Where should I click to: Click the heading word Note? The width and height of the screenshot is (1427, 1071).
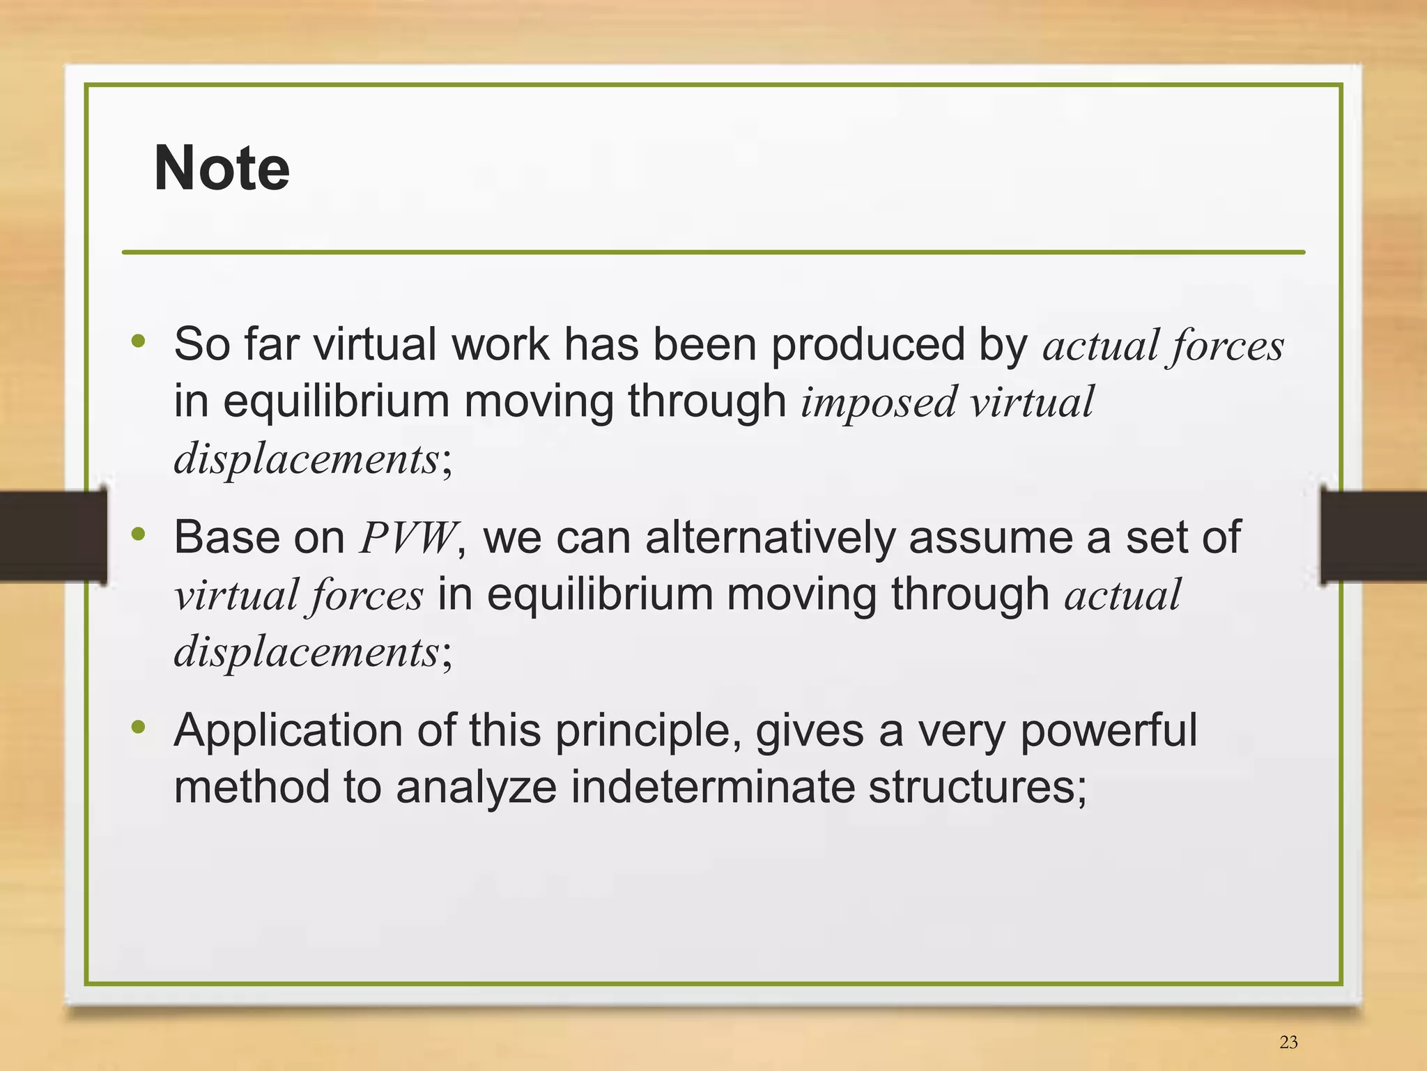click(222, 169)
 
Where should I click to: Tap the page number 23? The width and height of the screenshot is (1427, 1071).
click(1288, 1042)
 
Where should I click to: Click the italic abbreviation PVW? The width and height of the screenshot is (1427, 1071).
click(408, 538)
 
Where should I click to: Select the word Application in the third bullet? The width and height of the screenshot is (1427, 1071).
click(288, 731)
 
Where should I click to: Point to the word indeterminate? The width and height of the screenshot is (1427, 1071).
click(713, 787)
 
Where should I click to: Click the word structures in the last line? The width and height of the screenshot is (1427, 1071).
click(971, 787)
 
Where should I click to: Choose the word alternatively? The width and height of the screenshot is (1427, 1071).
click(770, 538)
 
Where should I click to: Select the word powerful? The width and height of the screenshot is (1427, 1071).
click(1109, 731)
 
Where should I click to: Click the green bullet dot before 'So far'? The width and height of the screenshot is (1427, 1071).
click(139, 341)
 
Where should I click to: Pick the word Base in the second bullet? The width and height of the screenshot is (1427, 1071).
click(224, 538)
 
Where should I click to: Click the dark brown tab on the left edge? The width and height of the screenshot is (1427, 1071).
click(52, 536)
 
